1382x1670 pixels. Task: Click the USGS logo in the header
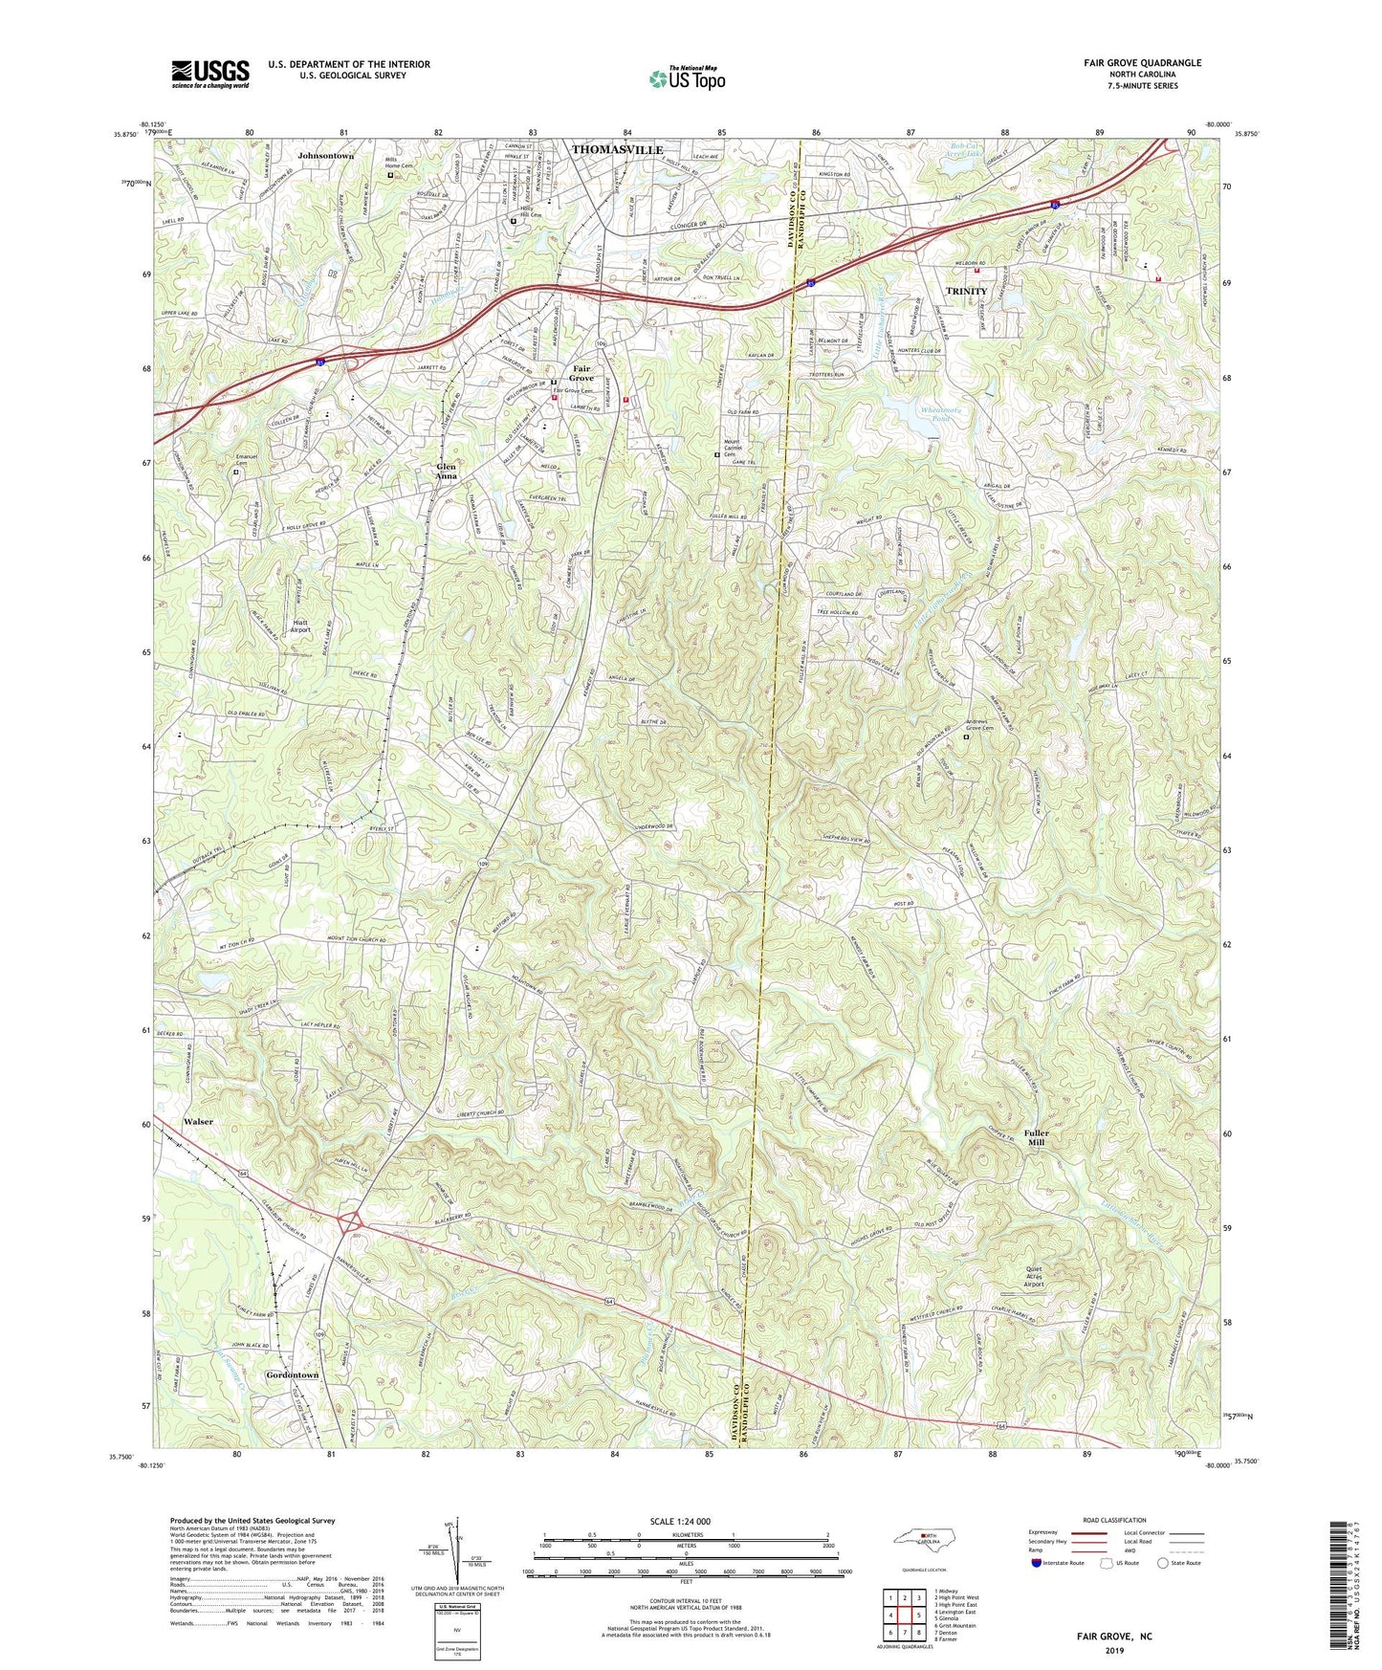coord(210,74)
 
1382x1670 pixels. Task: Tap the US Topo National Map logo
coord(685,78)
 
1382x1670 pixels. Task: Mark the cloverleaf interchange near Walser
coord(351,1222)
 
